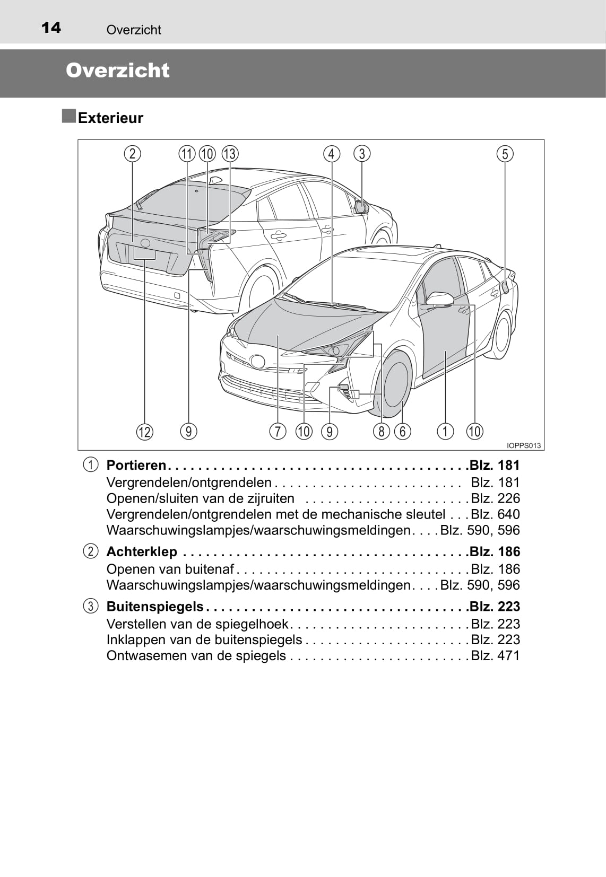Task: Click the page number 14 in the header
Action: pos(51,28)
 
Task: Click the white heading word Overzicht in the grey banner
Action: pos(117,71)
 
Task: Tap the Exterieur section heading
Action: pos(110,118)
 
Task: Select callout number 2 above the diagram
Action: pos(133,153)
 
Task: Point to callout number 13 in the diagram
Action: pos(230,153)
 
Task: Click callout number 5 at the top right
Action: pos(505,153)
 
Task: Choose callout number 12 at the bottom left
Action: pos(144,432)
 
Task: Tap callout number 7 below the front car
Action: pos(278,432)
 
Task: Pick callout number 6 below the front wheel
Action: pos(403,432)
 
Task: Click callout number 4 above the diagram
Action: pos(332,153)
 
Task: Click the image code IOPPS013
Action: pos(524,445)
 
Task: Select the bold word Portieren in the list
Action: pos(136,465)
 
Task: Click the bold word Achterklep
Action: pos(142,551)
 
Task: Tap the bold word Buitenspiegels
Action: pos(155,607)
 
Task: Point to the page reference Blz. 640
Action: pos(495,514)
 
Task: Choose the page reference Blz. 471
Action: pos(495,655)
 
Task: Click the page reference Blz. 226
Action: pos(495,498)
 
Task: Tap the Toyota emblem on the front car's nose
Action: pos(257,361)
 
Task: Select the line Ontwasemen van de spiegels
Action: pos(196,655)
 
